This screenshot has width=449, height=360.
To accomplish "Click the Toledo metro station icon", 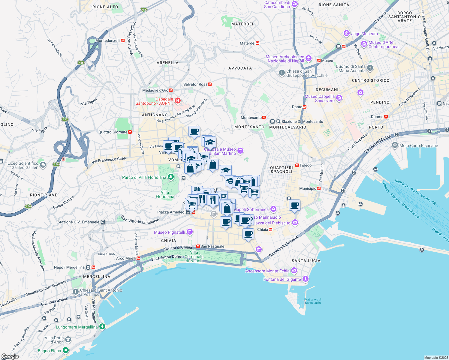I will click(x=297, y=165).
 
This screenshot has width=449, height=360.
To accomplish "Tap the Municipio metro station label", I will click(x=308, y=188).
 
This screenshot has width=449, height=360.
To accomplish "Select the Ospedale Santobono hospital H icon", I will click(x=178, y=101).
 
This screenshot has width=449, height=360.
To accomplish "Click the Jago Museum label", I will click(x=364, y=34).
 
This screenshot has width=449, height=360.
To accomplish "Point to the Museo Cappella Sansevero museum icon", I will click(x=339, y=98).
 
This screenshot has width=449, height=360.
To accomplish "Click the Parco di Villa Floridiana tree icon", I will click(x=171, y=177).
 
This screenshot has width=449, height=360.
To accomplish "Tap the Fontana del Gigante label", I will click(x=282, y=279).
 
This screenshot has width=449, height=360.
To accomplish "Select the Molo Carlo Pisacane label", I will click(x=418, y=145).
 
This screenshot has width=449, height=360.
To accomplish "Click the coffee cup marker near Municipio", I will click(x=295, y=205).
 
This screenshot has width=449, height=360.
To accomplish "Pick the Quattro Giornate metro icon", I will click(x=130, y=132).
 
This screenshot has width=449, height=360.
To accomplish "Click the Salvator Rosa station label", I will click(x=195, y=84).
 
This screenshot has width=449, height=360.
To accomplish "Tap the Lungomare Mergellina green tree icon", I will click(x=102, y=326).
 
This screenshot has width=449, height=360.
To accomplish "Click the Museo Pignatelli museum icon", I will click(x=189, y=232).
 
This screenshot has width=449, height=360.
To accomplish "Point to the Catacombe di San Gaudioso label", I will click(x=277, y=4).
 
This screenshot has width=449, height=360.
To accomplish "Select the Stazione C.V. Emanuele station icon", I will click(x=103, y=222).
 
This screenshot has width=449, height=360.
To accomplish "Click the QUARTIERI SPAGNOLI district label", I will click(x=281, y=169).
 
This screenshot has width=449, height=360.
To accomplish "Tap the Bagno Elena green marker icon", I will click(x=65, y=350).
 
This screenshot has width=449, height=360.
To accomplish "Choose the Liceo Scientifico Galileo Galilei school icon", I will click(x=43, y=165).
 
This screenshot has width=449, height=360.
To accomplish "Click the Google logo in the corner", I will click(x=10, y=356).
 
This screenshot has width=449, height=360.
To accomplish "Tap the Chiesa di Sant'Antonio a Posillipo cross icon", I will click(x=76, y=291).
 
